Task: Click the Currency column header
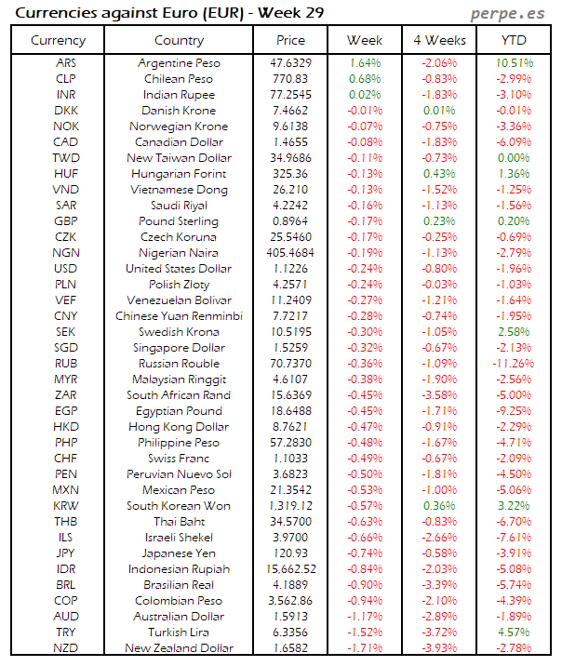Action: click(58, 40)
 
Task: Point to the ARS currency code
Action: click(66, 63)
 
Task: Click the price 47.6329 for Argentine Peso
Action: click(290, 63)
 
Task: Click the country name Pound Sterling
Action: click(180, 221)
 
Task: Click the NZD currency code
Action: click(66, 647)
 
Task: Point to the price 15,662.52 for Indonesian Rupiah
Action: click(290, 568)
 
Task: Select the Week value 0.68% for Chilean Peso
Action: click(364, 79)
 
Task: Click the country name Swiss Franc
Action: click(180, 459)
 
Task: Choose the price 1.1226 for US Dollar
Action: click(290, 269)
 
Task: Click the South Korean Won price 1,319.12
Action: click(290, 505)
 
